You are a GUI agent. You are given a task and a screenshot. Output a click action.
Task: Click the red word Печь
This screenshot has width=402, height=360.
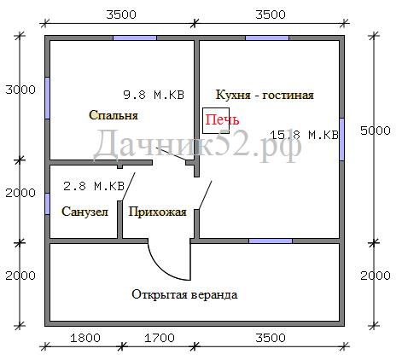[222, 119]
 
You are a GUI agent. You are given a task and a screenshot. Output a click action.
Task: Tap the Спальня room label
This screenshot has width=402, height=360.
[114, 115]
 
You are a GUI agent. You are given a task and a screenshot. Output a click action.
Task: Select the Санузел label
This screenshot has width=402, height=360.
[84, 212]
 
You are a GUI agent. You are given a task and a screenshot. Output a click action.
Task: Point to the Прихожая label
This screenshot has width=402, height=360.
[157, 212]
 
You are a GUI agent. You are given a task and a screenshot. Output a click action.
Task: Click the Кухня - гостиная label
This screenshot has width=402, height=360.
[265, 95]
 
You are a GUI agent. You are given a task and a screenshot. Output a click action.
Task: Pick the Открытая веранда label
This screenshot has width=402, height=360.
[184, 294]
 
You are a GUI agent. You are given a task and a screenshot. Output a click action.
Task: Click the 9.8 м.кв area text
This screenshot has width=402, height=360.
[154, 95]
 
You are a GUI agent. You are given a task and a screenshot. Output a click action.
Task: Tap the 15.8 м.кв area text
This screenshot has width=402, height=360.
[304, 135]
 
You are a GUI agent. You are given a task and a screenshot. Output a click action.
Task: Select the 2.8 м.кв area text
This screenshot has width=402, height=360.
[94, 186]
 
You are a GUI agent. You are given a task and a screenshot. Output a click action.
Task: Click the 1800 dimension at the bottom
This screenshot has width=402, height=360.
[85, 338]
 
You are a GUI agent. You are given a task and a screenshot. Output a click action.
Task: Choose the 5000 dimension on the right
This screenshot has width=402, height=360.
[376, 131]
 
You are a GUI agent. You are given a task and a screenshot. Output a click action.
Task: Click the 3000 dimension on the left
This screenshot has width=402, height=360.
[20, 90]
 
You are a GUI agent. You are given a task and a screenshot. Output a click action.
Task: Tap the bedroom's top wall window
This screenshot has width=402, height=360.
[135, 38]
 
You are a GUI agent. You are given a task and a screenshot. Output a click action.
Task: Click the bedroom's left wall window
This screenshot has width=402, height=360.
[48, 98]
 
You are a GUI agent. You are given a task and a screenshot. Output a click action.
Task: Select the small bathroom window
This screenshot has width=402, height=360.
[48, 204]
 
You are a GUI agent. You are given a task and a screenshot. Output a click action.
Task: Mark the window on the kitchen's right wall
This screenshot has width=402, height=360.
[342, 139]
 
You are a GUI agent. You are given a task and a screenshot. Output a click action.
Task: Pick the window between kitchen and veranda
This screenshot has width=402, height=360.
[271, 241]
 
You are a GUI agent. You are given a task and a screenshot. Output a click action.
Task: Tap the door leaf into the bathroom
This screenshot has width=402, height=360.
[128, 187]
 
